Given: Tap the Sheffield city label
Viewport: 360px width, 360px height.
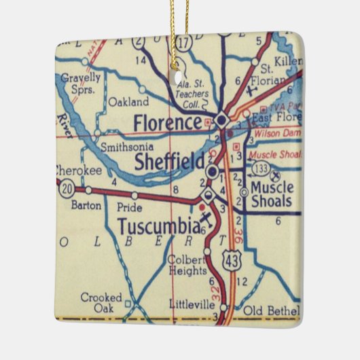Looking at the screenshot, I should pos(169,162).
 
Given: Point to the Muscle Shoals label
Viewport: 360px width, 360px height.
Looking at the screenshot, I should pos(271,194).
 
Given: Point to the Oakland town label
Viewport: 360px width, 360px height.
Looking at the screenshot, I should pos(128,102).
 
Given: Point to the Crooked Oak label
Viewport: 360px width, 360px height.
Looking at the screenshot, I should pos(101,302).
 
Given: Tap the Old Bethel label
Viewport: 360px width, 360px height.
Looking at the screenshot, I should pos(271,310).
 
